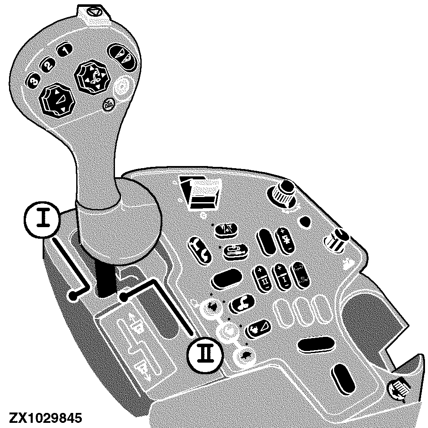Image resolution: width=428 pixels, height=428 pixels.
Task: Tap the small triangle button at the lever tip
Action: point(92,12)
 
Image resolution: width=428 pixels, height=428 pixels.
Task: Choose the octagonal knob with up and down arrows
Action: point(56,102)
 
